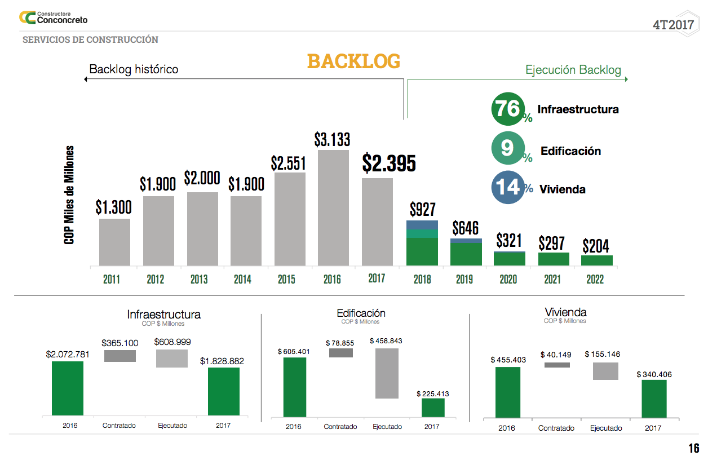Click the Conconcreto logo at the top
pos(54,17)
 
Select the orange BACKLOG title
pos(353,61)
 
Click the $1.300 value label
pos(113,207)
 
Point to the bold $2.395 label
pos(389,163)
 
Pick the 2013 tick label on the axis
pos(199,279)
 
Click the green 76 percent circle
pos(508,109)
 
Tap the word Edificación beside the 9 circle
pos(570,151)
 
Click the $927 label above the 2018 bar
pos(422,210)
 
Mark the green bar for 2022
pos(596,260)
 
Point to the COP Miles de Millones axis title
pos(69,195)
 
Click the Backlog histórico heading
pos(134,69)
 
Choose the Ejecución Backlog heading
pos(573,70)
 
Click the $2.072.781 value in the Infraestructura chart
pos(68,355)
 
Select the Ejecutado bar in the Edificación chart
pos(387,373)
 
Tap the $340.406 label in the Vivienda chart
pos(654,374)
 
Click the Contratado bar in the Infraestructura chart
pos(120,356)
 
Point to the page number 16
pos(693,449)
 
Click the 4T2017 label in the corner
pos(673,25)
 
